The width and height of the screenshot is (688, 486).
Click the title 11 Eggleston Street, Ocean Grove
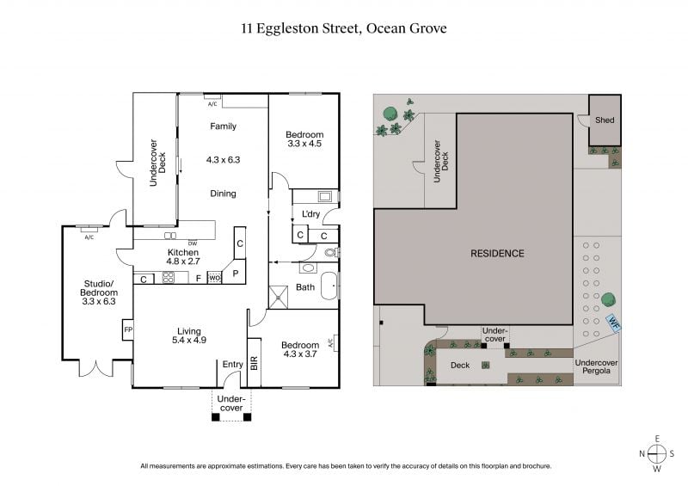tap(344, 28)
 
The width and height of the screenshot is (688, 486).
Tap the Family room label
tap(223, 126)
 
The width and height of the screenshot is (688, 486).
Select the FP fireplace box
tap(127, 329)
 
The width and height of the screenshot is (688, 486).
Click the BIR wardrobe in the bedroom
tap(254, 363)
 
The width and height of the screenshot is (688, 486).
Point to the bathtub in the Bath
tap(329, 286)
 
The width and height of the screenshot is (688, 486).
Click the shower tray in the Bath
tap(278, 298)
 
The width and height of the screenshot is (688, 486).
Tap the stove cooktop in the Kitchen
tap(169, 278)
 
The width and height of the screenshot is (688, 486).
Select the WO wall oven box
tap(214, 278)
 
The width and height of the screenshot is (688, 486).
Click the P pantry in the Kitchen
tap(235, 272)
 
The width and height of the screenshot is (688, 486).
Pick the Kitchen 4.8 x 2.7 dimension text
tap(183, 261)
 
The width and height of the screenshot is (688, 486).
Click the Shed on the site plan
tap(605, 120)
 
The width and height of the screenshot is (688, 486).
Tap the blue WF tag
tap(613, 323)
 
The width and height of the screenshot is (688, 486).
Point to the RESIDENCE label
tap(497, 253)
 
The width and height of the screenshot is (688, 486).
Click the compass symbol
tap(657, 453)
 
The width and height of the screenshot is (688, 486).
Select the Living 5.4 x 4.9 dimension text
tap(189, 340)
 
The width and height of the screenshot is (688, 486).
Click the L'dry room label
tap(310, 214)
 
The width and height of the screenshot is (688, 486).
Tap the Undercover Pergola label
tap(596, 366)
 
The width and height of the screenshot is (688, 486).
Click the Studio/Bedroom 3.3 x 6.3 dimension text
tap(99, 302)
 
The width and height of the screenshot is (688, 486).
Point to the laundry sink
tap(325, 196)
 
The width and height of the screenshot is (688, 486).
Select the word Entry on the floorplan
tap(232, 365)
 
